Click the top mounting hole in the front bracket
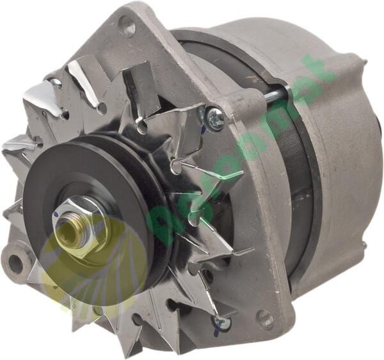point(127,26)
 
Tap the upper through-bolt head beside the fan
point(215,118)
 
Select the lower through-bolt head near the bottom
point(222,323)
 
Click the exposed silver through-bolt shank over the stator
point(272,97)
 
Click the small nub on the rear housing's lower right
point(364,244)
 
